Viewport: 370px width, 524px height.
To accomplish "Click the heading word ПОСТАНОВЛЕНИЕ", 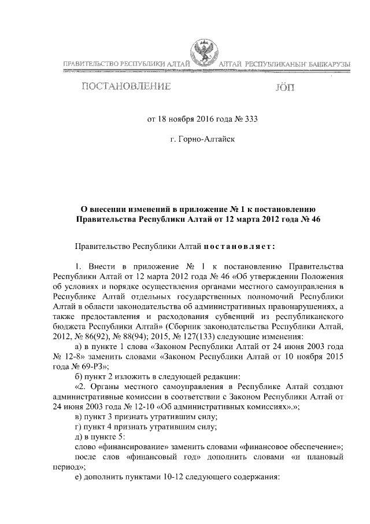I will click(125, 87).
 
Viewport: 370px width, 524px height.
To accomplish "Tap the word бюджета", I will click(66, 327).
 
